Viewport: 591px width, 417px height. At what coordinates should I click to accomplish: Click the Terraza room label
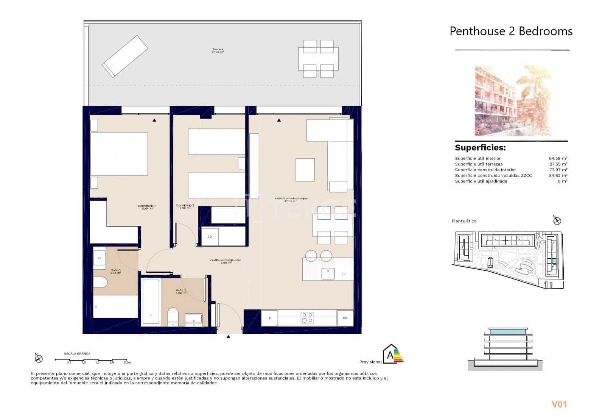coord(218,50)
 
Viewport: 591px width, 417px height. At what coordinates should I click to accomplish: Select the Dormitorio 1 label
coord(147,207)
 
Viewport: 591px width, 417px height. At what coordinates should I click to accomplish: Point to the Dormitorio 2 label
coord(185,206)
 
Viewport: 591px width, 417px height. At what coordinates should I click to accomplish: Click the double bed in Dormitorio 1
coord(119,154)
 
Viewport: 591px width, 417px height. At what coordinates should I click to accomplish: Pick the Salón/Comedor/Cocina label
coord(291,199)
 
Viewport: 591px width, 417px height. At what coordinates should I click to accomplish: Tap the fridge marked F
coord(269,318)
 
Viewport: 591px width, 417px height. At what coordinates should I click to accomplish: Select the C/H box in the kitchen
coord(345,318)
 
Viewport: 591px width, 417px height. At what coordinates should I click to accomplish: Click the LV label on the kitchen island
coord(343,274)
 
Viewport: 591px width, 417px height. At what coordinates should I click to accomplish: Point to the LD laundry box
coord(210,236)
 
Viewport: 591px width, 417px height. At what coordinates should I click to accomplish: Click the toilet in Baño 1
coord(100,282)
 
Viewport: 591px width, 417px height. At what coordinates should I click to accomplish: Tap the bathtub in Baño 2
coord(150,302)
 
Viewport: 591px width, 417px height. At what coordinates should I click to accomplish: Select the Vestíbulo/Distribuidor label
coord(226,261)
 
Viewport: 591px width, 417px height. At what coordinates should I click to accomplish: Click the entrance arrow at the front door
coord(228,336)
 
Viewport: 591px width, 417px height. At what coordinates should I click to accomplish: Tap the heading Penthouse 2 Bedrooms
coord(511,31)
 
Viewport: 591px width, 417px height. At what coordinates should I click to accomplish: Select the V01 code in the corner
coord(559,405)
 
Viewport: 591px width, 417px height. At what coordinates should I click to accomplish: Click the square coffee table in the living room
coord(305,170)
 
